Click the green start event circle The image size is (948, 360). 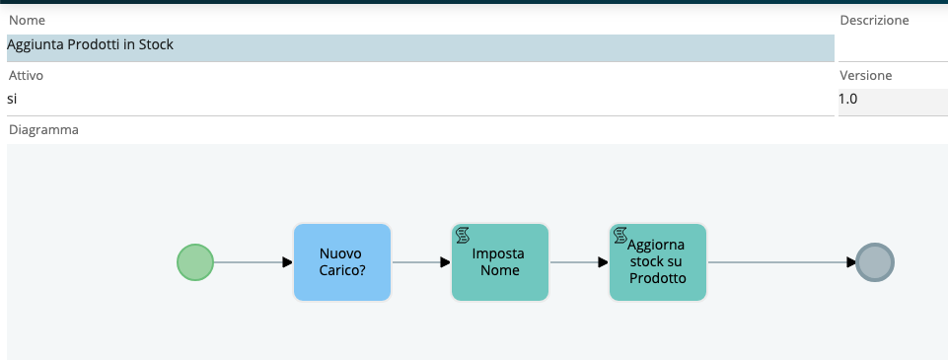tap(195, 262)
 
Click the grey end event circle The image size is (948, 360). tap(875, 262)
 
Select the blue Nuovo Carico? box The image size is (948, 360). tap(342, 262)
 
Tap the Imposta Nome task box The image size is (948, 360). tap(500, 262)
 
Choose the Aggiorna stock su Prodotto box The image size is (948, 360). tap(658, 262)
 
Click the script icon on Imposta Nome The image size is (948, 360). tap(463, 235)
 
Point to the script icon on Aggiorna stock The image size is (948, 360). tap(620, 235)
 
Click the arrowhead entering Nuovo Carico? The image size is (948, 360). tap(288, 262)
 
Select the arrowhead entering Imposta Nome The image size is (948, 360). tap(446, 262)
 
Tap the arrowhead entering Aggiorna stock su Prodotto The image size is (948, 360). tap(604, 262)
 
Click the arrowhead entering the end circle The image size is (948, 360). tap(851, 262)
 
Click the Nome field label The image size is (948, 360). tap(28, 21)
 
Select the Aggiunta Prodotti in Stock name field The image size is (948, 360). tap(421, 47)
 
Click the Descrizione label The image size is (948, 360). tap(874, 21)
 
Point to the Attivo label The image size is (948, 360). tap(26, 76)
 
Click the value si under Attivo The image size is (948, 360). tap(12, 99)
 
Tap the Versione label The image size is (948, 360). tap(866, 76)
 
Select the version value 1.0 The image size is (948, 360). tap(847, 99)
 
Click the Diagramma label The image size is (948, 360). tap(43, 130)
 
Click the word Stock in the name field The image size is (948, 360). tap(156, 44)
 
